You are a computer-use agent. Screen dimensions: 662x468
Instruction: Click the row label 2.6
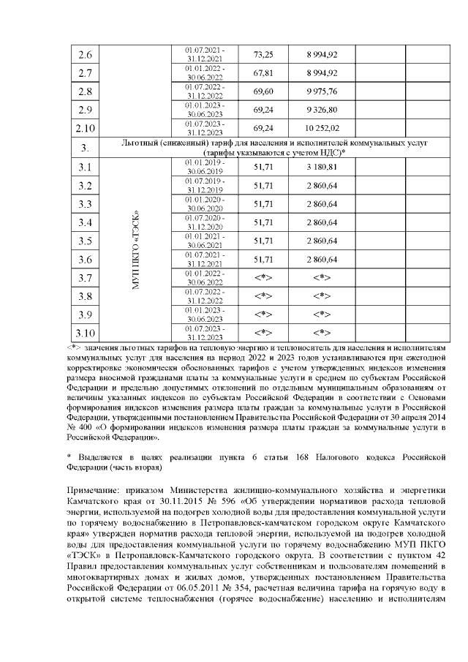[x=85, y=55]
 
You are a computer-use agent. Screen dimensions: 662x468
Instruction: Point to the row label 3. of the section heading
[x=84, y=148]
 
